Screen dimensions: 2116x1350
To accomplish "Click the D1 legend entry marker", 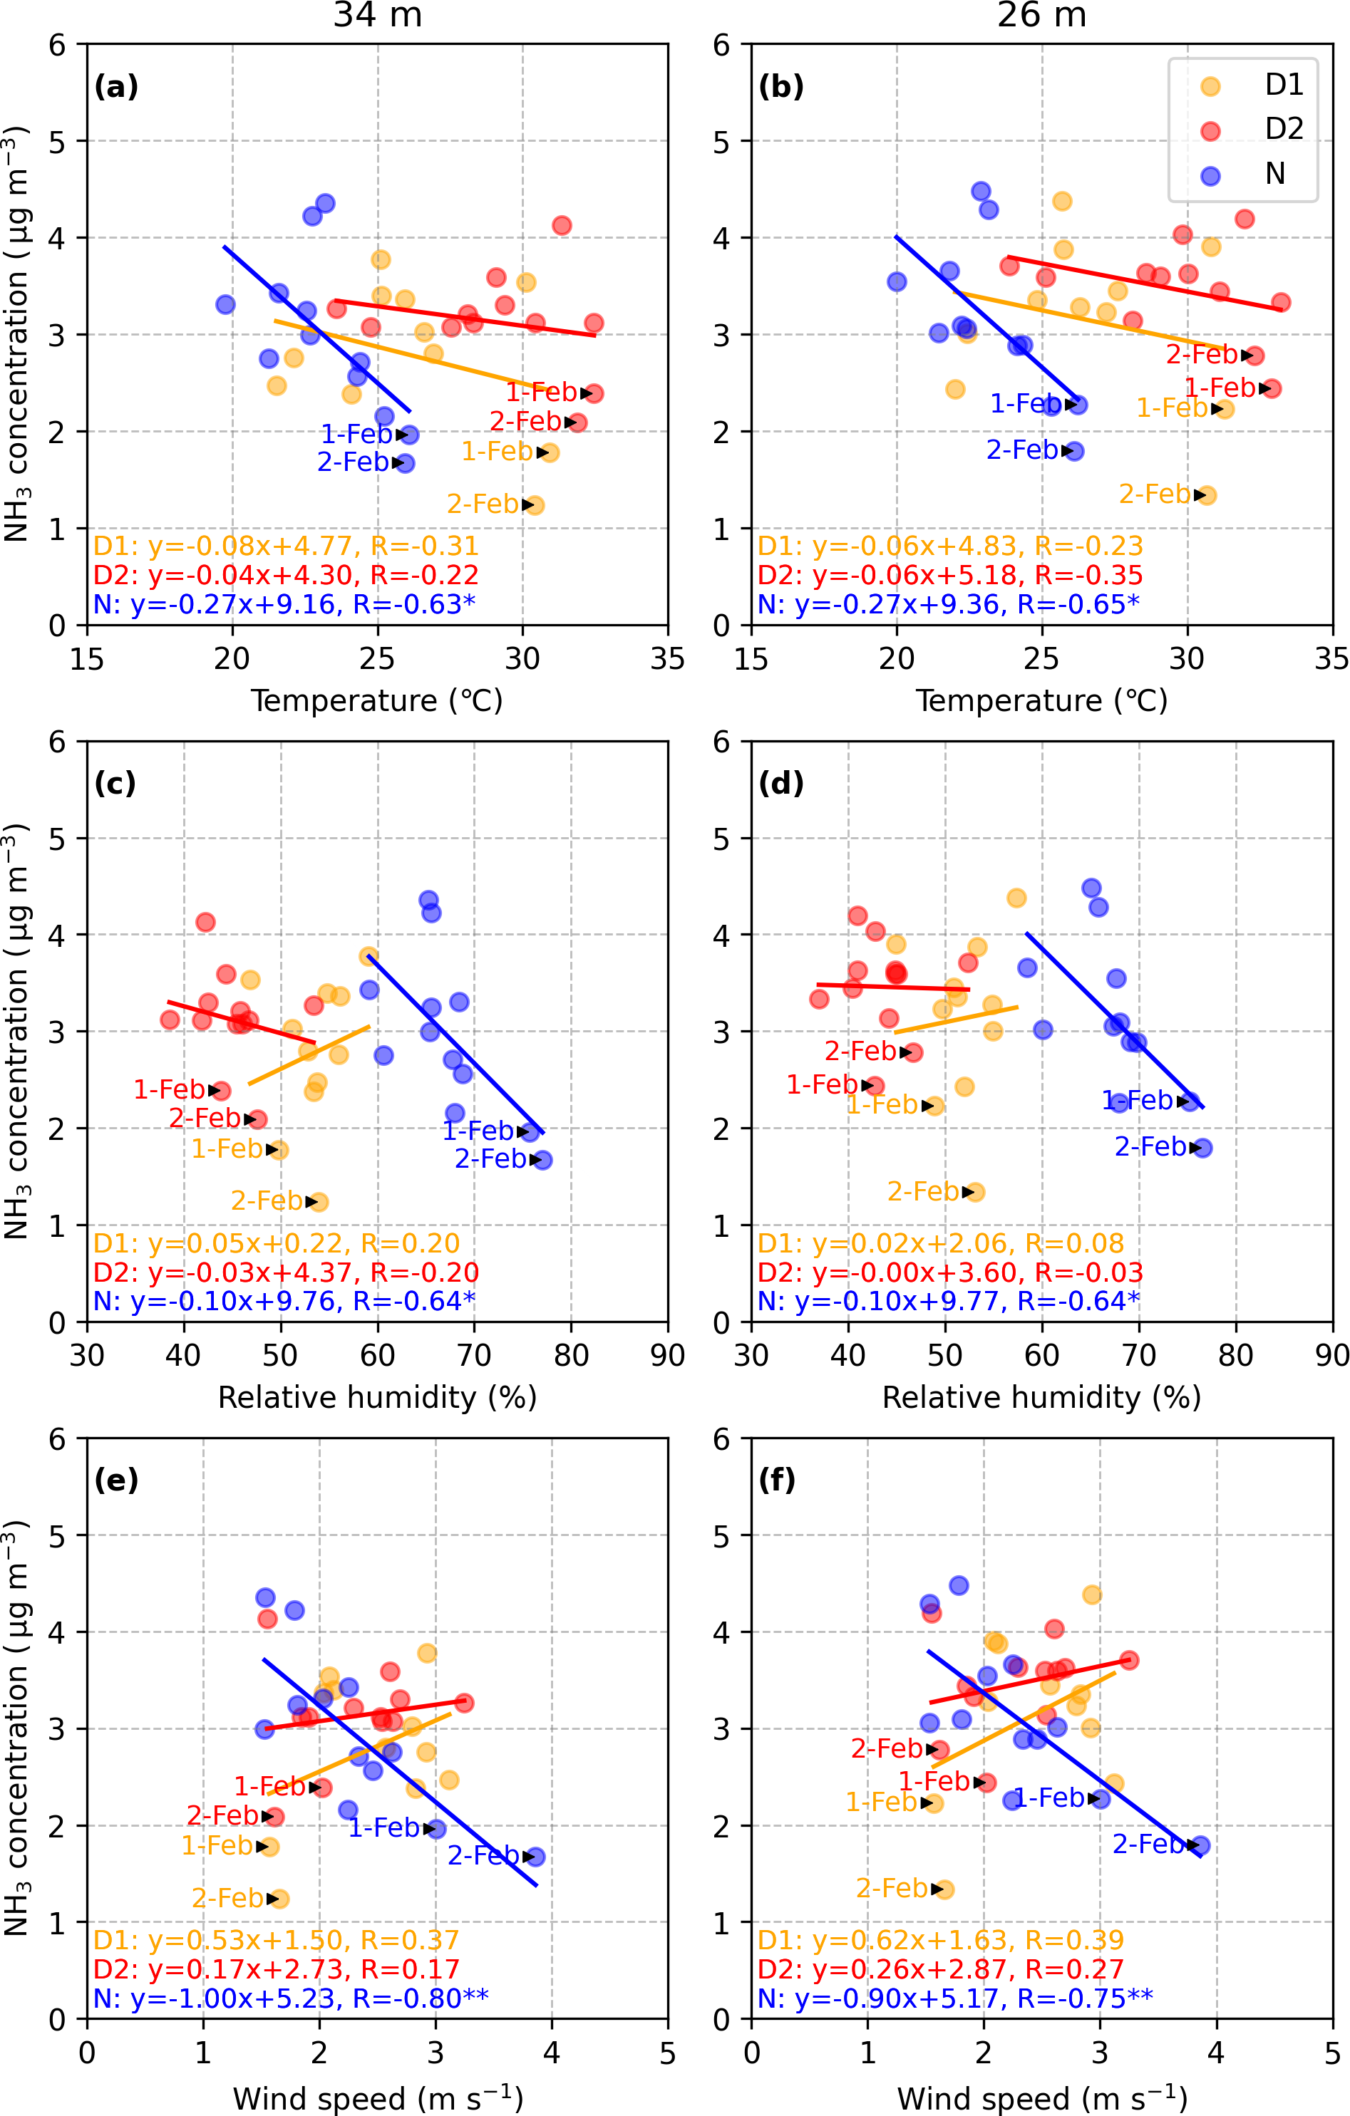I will [x=1210, y=85].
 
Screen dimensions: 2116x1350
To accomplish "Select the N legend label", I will [x=1274, y=174].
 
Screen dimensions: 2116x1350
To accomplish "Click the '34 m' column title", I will [x=377, y=16].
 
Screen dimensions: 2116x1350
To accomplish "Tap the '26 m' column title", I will [x=1041, y=16].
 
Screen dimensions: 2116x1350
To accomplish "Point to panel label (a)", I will [x=116, y=86].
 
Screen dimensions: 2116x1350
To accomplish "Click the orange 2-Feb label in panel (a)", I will [x=483, y=504].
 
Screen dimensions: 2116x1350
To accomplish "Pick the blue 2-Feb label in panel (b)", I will [x=1022, y=450].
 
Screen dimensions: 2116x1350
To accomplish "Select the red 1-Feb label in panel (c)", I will [x=169, y=1089].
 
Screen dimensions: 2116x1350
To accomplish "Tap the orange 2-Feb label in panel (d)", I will [x=923, y=1191].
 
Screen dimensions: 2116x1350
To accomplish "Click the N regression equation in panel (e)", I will [x=290, y=1998].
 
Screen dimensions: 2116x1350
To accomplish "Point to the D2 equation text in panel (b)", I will [x=949, y=575].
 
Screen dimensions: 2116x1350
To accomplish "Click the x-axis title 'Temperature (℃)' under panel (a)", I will [x=377, y=700].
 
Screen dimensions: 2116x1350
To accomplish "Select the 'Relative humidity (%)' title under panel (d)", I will [x=1041, y=1397].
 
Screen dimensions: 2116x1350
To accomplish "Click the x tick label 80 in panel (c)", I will [x=571, y=1356].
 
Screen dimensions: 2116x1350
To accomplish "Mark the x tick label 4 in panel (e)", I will [x=551, y=2053].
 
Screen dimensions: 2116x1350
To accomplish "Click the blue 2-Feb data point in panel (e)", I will [x=535, y=1857].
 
